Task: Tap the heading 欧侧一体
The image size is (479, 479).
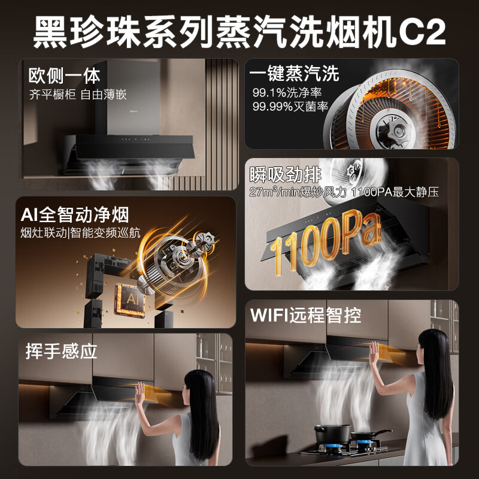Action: (64, 76)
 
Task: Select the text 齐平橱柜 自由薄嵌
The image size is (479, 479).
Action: (78, 95)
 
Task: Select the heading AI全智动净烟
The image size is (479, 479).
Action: (75, 214)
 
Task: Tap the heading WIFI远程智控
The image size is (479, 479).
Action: (306, 315)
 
